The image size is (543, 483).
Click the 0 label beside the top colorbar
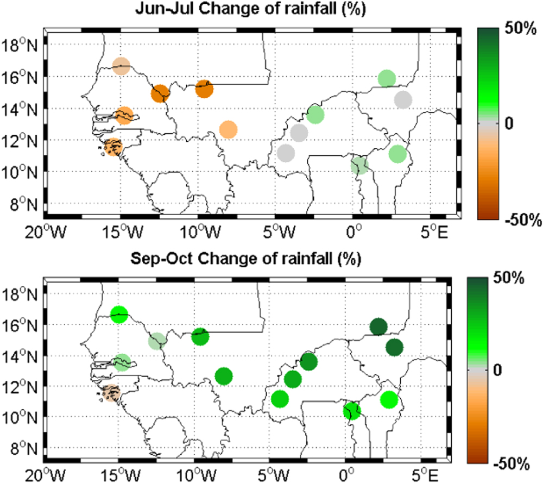click(x=509, y=124)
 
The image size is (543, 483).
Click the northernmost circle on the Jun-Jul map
click(x=122, y=66)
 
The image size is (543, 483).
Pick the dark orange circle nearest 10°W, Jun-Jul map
click(x=204, y=88)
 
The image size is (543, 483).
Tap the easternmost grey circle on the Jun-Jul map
click(x=403, y=100)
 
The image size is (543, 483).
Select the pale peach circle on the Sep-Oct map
click(x=111, y=393)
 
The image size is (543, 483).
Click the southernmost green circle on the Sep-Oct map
click(x=352, y=411)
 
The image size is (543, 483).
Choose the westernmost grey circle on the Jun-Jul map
click(x=286, y=153)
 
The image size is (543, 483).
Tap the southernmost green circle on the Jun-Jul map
click(x=359, y=165)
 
